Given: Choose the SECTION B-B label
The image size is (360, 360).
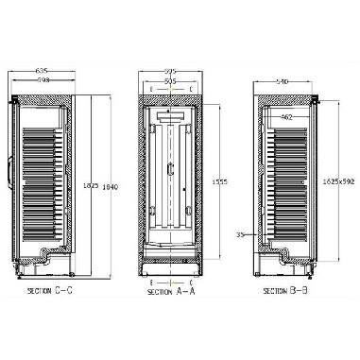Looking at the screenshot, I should [286, 291].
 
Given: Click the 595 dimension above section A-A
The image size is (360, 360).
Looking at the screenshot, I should [169, 70].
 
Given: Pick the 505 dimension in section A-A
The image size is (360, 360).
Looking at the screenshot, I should [169, 81].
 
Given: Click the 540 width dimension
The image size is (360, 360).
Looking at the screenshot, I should [280, 81].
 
